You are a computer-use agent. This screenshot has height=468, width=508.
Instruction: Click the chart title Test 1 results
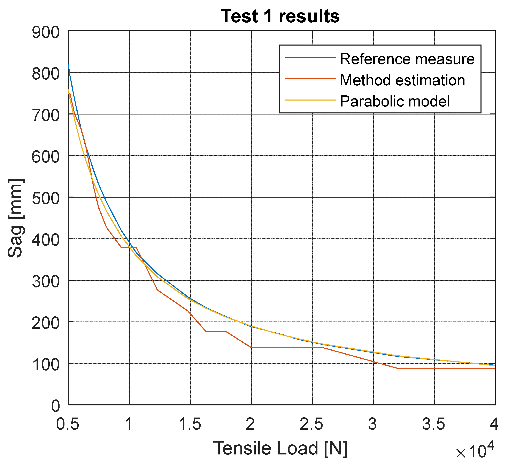click(x=280, y=16)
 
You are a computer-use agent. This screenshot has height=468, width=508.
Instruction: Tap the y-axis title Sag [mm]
click(x=16, y=218)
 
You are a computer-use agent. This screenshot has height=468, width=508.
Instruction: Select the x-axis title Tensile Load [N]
click(x=280, y=448)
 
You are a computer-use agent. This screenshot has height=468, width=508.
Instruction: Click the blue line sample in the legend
click(x=310, y=58)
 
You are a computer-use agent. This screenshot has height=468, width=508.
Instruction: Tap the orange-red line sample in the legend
click(x=310, y=79)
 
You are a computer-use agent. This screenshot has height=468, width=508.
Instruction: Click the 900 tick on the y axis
click(x=46, y=33)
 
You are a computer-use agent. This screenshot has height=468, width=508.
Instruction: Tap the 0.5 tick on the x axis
click(x=68, y=424)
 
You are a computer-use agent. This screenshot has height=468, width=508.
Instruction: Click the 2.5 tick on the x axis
click(x=311, y=424)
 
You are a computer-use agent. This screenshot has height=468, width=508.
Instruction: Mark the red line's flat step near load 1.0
click(x=129, y=247)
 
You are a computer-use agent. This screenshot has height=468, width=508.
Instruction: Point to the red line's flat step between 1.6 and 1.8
click(x=216, y=332)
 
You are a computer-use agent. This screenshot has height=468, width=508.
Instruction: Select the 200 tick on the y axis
click(x=46, y=323)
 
